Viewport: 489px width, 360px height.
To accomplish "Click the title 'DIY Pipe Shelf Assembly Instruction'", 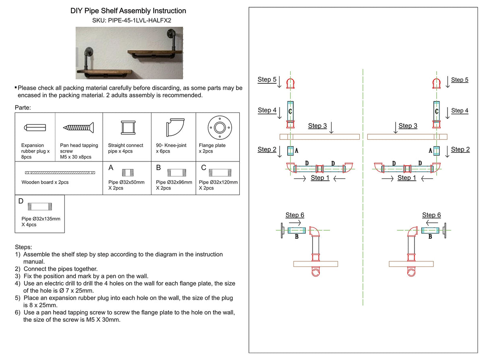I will (128, 11).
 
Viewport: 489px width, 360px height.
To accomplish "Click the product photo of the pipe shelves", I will (129, 53).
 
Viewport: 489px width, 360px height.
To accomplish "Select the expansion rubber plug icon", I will (35, 127).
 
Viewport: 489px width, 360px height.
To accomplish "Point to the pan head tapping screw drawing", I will (79, 127).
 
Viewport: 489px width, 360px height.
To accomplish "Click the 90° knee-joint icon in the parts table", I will (174, 127).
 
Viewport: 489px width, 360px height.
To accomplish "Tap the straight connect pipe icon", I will (127, 128).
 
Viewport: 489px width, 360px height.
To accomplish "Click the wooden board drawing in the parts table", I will (59, 172).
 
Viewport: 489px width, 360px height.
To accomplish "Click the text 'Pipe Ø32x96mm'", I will (174, 182).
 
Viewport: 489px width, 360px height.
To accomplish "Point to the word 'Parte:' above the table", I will (23, 108).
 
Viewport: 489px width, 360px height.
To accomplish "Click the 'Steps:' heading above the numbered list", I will (23, 246).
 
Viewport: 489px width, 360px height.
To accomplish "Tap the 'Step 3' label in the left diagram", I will (317, 126).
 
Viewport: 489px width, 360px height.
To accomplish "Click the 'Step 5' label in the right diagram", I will (460, 80).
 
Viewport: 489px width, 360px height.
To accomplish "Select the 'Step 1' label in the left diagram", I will (320, 178).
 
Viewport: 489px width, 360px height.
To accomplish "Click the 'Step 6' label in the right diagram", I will (431, 215).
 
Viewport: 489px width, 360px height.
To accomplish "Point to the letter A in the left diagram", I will (296, 151).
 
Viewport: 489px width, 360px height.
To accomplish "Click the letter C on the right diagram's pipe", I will (436, 110).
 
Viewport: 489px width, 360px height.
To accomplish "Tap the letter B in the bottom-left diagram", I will (296, 237).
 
